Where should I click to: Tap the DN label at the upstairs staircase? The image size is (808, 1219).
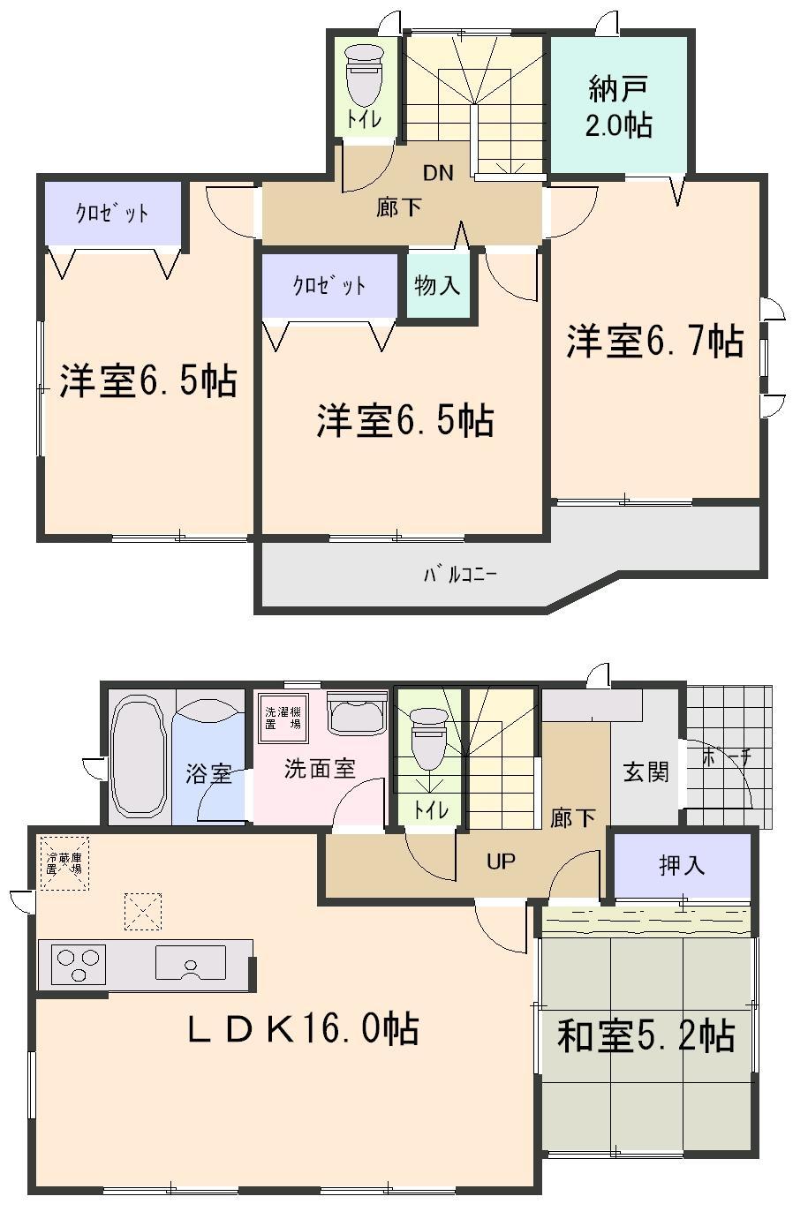click(437, 173)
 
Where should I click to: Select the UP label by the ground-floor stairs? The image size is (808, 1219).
click(501, 861)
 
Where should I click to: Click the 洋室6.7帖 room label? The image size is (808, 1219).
click(654, 342)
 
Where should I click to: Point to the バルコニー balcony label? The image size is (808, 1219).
click(460, 575)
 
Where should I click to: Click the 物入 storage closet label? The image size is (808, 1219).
click(437, 286)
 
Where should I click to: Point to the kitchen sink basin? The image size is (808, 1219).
click(191, 961)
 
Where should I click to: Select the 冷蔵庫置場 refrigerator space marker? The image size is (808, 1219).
click(64, 862)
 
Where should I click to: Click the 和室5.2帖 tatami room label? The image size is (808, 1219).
click(646, 1035)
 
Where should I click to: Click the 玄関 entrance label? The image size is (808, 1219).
click(646, 771)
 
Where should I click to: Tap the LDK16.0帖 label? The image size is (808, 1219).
click(303, 1029)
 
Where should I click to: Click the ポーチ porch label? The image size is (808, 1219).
click(727, 757)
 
